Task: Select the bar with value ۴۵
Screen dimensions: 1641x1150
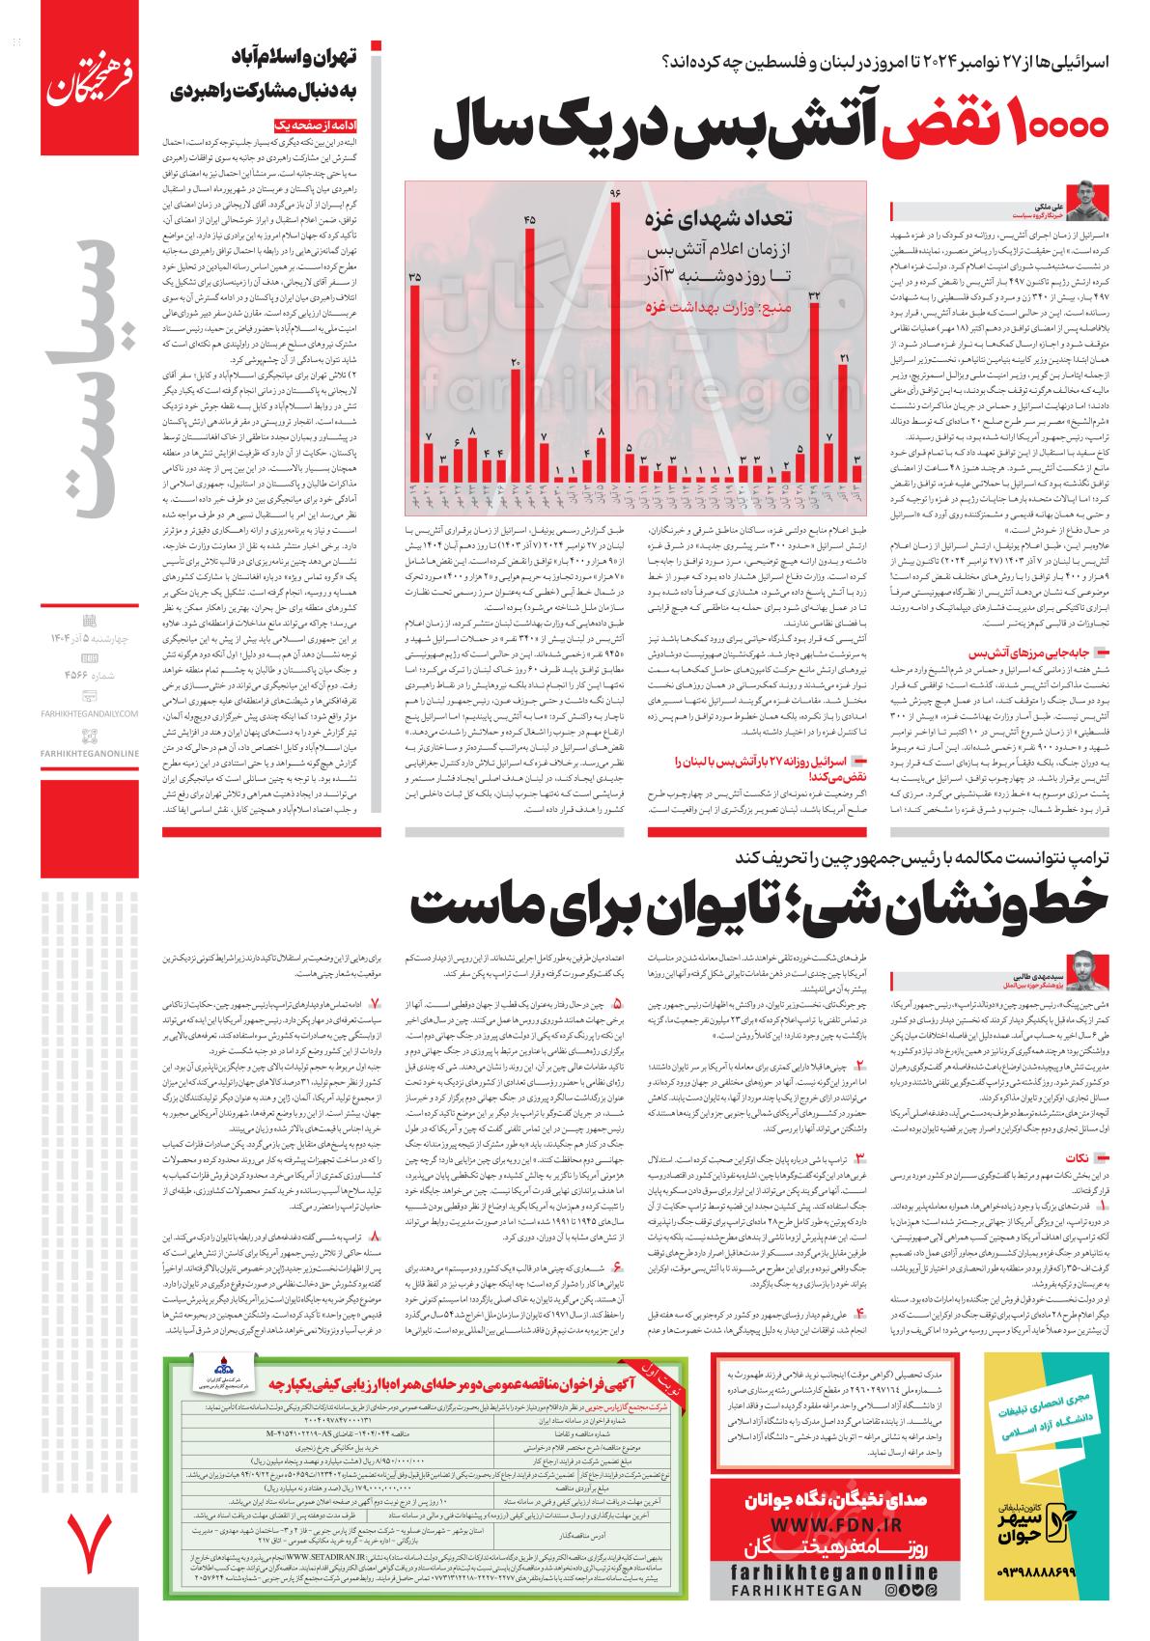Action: click(x=529, y=357)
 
